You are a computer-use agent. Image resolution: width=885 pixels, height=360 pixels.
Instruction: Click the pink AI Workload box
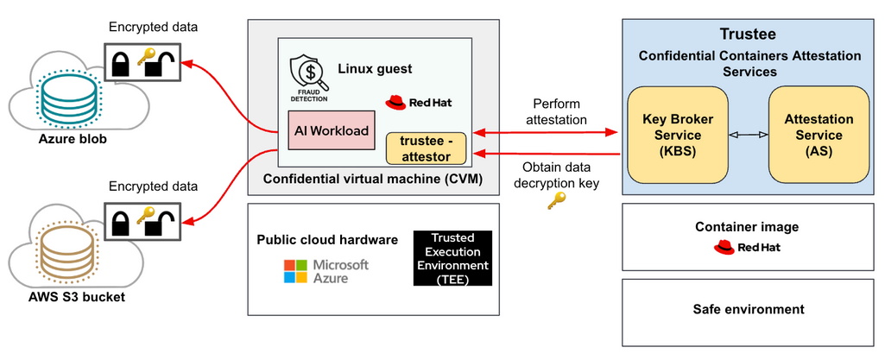(x=332, y=131)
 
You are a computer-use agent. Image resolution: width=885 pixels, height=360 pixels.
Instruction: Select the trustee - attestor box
(x=427, y=148)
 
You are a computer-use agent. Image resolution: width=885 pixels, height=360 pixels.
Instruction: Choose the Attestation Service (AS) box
(x=819, y=135)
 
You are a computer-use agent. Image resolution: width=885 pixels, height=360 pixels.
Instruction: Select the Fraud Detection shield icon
(x=307, y=76)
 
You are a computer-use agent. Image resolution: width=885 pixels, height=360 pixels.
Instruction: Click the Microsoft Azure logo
(x=326, y=271)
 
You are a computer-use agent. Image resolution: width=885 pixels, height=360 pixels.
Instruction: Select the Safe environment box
(x=748, y=309)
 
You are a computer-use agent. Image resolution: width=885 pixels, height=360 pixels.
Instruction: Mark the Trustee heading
(x=748, y=35)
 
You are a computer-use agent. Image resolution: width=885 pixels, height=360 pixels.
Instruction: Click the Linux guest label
(x=375, y=67)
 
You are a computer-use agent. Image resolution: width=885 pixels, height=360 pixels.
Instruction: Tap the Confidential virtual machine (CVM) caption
(x=372, y=179)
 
